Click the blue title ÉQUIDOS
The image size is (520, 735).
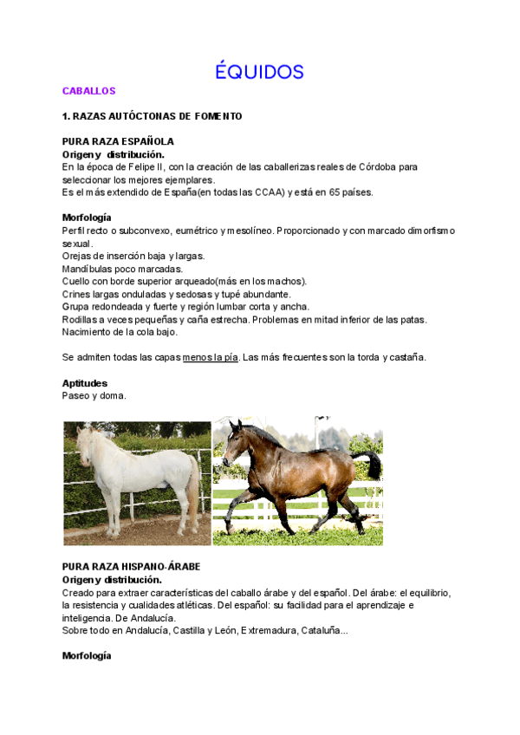(x=260, y=71)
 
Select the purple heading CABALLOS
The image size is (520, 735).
(x=88, y=91)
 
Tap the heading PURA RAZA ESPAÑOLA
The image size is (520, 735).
(x=118, y=141)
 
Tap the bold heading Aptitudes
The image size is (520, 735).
(x=85, y=382)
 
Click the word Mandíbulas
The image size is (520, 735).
(x=88, y=269)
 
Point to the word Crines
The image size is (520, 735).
(x=76, y=294)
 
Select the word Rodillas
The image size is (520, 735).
(x=81, y=319)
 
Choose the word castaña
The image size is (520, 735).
(x=406, y=357)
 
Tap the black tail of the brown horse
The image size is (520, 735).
(x=371, y=464)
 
